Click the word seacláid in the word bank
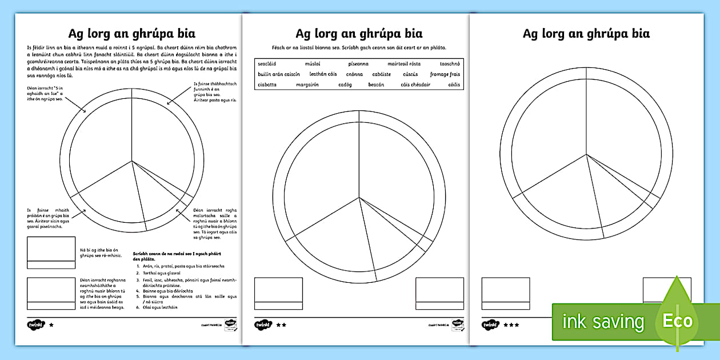point(267,64)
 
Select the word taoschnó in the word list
point(450,64)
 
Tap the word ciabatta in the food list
point(267,85)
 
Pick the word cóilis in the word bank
point(454,85)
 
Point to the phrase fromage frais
point(445,74)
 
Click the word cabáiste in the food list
point(381,74)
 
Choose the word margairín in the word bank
point(307,85)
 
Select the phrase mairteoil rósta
point(404,64)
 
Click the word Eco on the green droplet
point(677,321)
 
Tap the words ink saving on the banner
point(603,322)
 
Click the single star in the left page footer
point(51,325)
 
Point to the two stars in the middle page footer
point(281,325)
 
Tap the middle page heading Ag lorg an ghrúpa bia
point(359,33)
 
